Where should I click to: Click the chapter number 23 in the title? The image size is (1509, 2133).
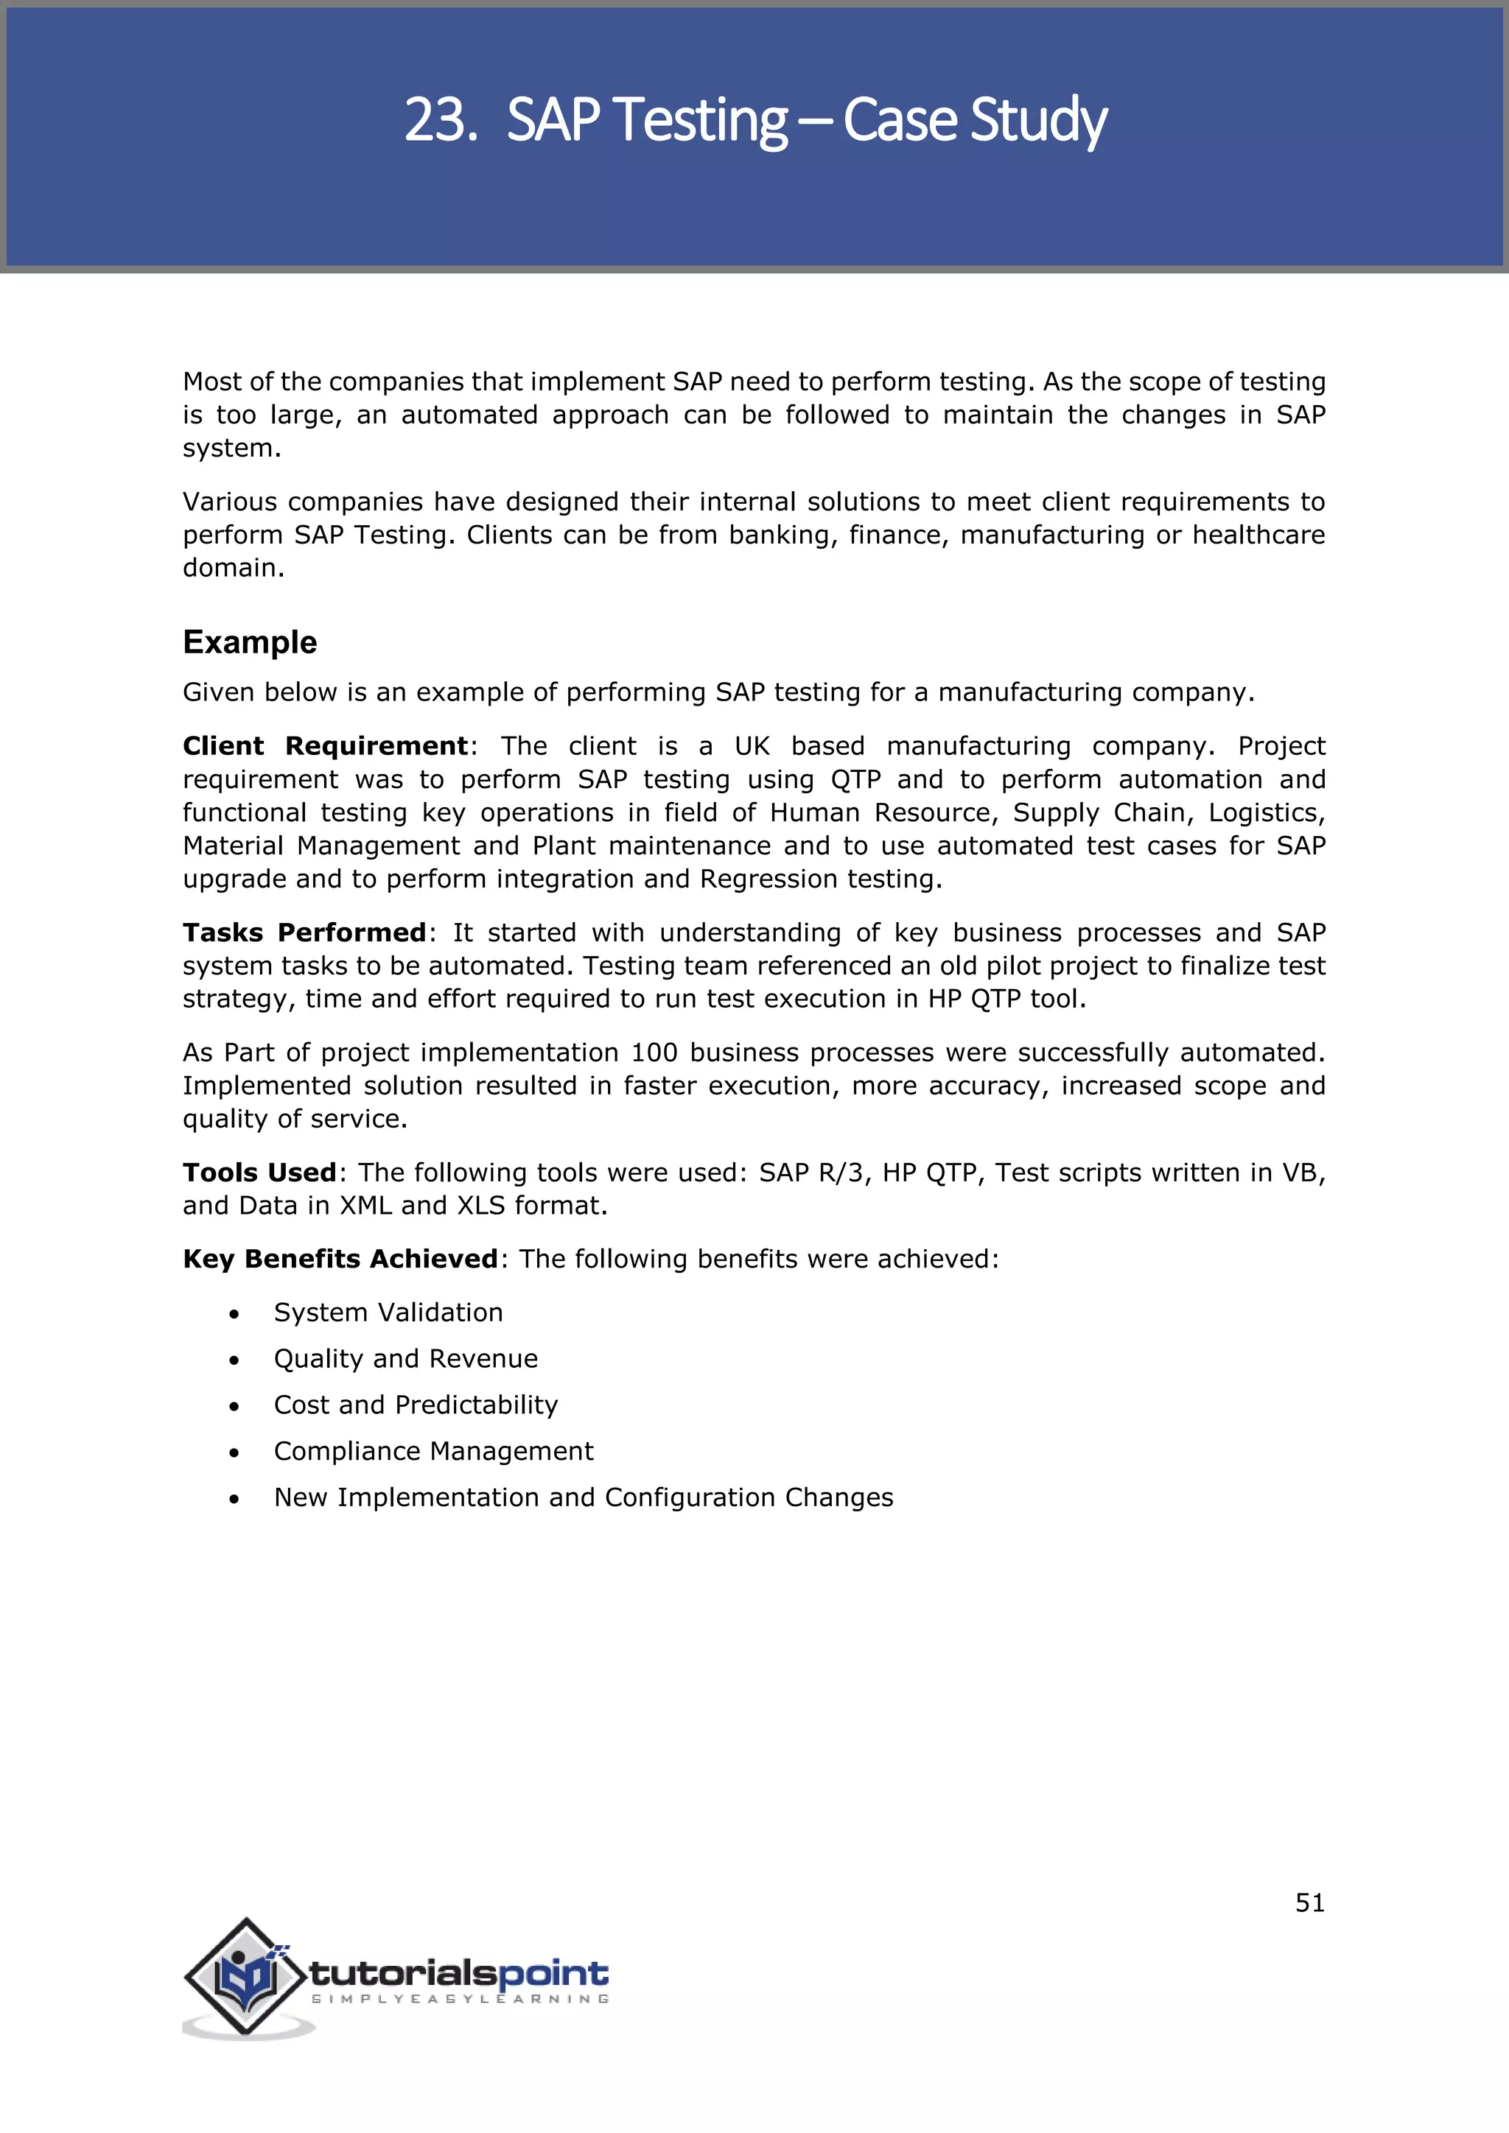click(435, 120)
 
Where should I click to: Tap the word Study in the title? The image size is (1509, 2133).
click(1039, 120)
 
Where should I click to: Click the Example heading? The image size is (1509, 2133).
click(249, 642)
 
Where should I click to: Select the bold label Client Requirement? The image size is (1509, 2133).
click(325, 746)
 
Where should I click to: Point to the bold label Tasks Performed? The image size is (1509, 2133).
click(304, 932)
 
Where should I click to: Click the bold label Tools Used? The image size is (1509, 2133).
click(259, 1173)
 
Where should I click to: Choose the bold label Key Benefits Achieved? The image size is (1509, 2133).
click(340, 1259)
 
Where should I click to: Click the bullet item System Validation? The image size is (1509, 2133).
click(388, 1313)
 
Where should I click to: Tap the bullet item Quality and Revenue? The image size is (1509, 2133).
click(405, 1359)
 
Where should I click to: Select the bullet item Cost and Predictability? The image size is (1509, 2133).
click(416, 1405)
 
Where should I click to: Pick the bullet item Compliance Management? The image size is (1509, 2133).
click(433, 1451)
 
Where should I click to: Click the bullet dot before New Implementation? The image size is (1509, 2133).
click(234, 1499)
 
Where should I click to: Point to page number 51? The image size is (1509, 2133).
click(1309, 1903)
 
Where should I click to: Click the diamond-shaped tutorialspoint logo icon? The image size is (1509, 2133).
click(245, 1976)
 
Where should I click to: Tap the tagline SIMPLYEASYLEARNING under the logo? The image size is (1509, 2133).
click(460, 1998)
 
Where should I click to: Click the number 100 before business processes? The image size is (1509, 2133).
click(654, 1053)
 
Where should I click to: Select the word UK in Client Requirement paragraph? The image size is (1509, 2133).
click(752, 746)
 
